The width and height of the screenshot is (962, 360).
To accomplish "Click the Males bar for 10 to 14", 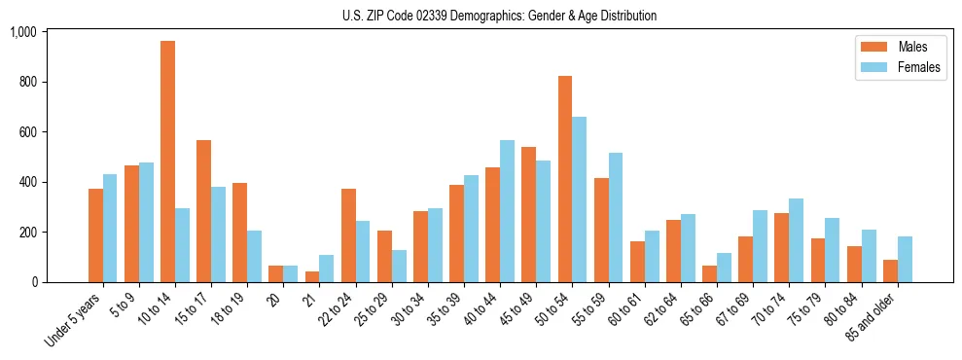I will point(167,162).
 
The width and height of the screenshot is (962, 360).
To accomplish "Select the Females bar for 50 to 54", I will point(579,199).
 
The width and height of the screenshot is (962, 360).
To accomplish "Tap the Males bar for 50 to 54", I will point(564,179).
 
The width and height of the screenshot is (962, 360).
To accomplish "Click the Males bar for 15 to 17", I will point(203,211).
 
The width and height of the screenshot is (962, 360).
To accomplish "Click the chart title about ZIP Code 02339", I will point(499,16).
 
